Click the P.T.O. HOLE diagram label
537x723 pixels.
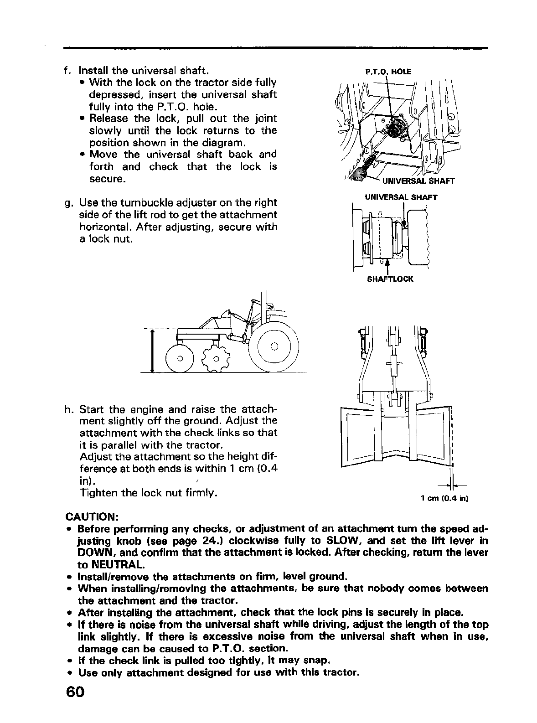(388, 72)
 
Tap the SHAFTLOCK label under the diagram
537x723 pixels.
(390, 279)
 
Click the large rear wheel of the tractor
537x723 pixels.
(274, 347)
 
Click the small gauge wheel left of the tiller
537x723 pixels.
(180, 358)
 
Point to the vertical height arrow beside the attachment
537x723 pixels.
(152, 351)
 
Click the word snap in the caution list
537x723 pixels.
(315, 660)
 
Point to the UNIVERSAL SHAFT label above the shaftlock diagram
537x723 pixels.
(401, 197)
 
